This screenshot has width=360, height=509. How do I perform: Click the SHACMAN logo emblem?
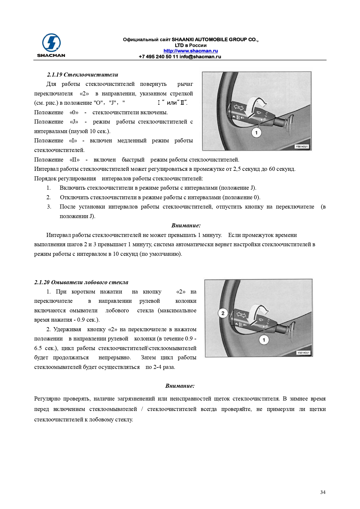(x=51, y=43)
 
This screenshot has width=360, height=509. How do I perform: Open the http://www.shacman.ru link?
(x=191, y=51)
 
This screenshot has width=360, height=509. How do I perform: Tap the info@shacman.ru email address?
(x=200, y=57)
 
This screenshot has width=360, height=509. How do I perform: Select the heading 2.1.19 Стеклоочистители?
(x=83, y=75)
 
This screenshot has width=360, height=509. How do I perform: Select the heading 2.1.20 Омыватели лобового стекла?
(x=81, y=282)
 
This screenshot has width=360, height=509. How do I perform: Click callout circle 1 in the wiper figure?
(x=256, y=133)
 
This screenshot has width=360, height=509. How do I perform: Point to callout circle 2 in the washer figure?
(x=223, y=313)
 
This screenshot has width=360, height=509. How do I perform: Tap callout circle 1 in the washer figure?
(x=264, y=340)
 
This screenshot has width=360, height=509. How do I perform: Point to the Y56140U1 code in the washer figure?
(x=303, y=353)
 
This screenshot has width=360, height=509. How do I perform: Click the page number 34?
(x=323, y=492)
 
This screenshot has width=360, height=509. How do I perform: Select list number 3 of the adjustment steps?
(x=49, y=207)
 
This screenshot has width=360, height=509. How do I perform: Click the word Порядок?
(x=45, y=178)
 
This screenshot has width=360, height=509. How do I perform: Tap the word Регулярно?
(x=47, y=398)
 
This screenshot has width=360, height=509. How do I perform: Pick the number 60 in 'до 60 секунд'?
(x=272, y=169)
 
